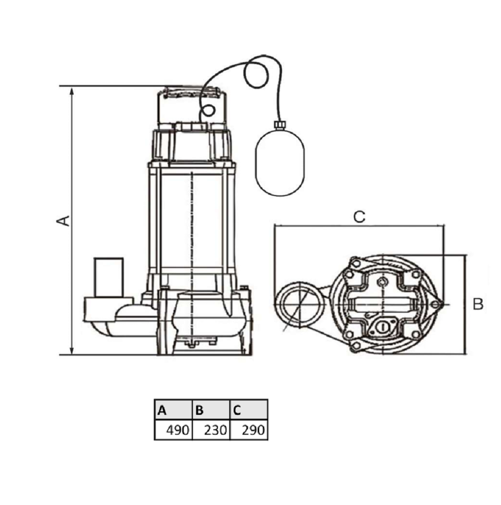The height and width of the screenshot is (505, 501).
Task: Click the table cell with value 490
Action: tap(173, 430)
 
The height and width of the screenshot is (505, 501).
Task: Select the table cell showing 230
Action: tap(211, 430)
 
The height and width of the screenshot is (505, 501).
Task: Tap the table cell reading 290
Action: tap(249, 430)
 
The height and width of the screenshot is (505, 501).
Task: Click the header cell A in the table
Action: tap(173, 410)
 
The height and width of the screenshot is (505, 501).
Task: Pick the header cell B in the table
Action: tap(211, 410)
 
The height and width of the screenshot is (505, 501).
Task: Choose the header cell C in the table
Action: tap(249, 410)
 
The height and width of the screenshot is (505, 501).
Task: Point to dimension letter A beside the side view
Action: tap(63, 220)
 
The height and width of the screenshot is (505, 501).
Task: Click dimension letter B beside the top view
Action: tap(478, 304)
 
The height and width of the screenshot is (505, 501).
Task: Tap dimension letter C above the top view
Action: tap(359, 217)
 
